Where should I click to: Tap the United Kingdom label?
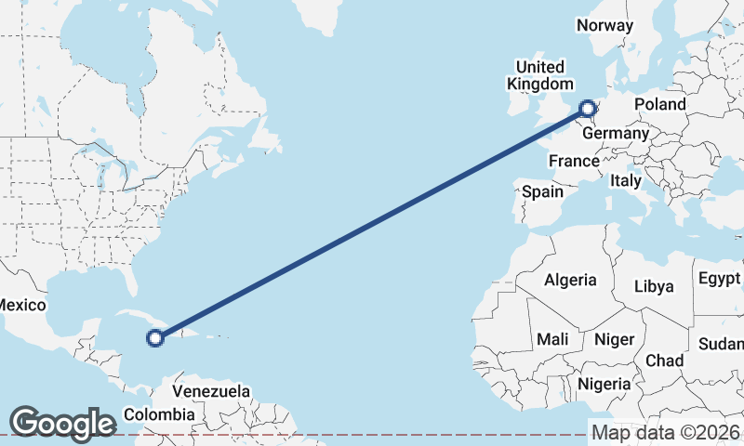[539, 75]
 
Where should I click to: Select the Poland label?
[660, 104]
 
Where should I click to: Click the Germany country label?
[616, 133]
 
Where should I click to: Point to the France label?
[574, 161]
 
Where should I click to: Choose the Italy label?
[626, 181]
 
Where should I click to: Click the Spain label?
[543, 191]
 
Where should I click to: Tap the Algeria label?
[570, 280]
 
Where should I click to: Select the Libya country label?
[654, 286]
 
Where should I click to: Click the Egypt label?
[720, 279]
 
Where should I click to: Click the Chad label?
[664, 360]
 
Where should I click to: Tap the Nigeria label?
[604, 383]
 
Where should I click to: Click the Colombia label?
[159, 414]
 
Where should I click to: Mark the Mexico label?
[20, 305]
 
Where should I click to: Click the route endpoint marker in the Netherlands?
[588, 109]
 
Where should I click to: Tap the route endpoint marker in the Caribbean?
[155, 338]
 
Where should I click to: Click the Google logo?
[62, 423]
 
